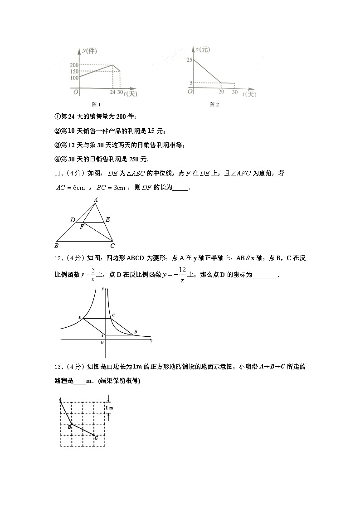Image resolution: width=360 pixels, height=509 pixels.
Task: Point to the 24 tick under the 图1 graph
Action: (112, 93)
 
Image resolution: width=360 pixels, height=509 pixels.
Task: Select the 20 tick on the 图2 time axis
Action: (221, 92)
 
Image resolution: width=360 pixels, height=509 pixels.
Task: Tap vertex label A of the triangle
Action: (96, 199)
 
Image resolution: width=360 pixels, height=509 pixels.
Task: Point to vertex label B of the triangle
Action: (56, 246)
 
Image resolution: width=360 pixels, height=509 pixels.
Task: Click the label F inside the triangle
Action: (82, 227)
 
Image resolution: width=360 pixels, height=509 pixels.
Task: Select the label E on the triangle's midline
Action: (107, 220)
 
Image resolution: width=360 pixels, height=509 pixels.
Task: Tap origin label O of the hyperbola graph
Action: (102, 343)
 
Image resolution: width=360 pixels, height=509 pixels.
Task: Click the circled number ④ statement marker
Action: (57, 159)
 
